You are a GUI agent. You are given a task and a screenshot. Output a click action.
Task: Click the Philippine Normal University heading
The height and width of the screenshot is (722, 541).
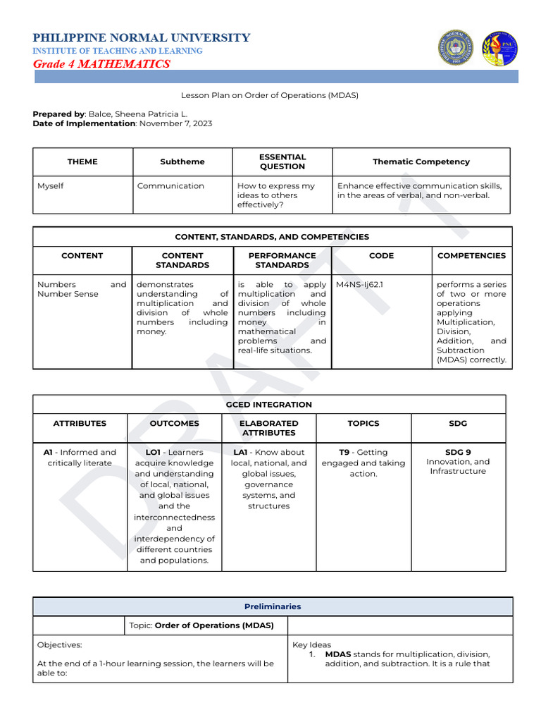(x=141, y=38)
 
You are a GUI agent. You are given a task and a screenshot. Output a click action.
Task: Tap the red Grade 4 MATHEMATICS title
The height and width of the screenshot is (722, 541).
(x=101, y=64)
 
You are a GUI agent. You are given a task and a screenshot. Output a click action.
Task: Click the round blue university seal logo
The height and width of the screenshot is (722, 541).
(x=456, y=48)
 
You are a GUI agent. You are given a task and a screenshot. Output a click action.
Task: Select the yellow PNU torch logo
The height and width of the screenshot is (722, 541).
(x=499, y=49)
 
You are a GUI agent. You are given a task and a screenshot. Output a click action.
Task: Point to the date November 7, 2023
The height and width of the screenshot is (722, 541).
(x=175, y=123)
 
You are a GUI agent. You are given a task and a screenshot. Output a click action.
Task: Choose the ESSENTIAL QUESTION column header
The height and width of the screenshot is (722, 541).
(x=282, y=161)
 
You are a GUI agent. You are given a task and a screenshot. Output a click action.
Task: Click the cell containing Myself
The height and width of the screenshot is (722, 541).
(x=51, y=186)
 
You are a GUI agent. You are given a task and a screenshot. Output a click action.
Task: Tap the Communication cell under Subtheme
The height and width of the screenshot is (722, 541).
(x=170, y=186)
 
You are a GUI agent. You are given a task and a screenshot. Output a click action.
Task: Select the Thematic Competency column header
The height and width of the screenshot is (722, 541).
(x=421, y=161)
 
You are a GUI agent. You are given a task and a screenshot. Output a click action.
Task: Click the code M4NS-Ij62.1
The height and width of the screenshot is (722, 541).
(x=359, y=285)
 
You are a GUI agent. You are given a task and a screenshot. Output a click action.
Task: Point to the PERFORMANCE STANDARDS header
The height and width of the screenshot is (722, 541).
(x=282, y=260)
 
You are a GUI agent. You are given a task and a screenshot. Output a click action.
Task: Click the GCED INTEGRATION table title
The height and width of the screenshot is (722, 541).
(x=269, y=405)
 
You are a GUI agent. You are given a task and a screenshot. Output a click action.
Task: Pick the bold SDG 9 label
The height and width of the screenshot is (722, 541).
(x=458, y=453)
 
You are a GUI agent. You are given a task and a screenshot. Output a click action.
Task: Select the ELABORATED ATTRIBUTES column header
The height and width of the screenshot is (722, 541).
(x=269, y=428)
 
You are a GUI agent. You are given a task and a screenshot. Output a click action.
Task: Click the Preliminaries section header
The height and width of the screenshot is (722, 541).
(x=273, y=606)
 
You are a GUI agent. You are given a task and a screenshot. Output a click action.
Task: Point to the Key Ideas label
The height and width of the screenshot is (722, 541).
(x=311, y=644)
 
